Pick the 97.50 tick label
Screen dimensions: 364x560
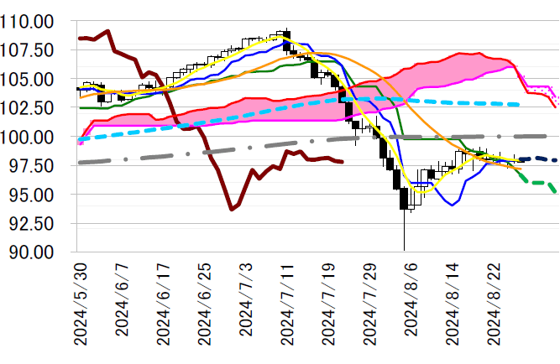point(31,166)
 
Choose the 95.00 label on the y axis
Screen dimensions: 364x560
point(31,195)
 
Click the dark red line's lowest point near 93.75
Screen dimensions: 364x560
point(232,210)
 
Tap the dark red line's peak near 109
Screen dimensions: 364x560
point(108,31)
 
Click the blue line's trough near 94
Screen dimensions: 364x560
point(453,205)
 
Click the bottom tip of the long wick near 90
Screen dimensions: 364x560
point(404,250)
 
